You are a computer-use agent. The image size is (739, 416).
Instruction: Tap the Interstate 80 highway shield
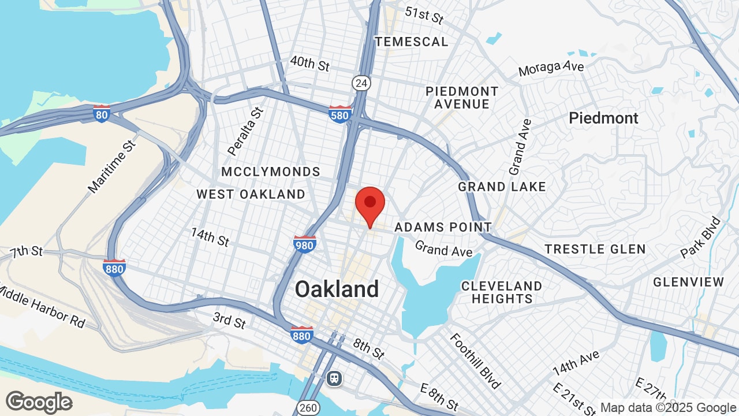pos(102,114)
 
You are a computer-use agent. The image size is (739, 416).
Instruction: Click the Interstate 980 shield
pos(304,244)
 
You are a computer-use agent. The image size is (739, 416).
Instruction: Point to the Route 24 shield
pos(361,83)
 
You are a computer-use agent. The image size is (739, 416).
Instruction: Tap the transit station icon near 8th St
pos(334,378)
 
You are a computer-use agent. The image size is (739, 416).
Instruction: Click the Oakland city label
pos(337,289)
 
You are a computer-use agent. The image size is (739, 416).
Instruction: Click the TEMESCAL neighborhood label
pos(411,42)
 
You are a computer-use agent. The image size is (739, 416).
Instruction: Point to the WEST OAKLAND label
pos(251,194)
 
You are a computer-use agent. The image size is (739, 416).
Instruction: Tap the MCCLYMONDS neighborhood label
pos(271,172)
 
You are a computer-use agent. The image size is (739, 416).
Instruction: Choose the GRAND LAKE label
pos(502,187)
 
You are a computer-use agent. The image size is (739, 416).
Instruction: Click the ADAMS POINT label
pos(443,228)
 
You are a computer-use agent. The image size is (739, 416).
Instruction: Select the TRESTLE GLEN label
pos(595,249)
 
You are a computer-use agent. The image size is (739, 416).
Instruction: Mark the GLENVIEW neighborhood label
pos(688,282)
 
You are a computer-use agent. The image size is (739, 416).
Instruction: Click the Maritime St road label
pos(111,166)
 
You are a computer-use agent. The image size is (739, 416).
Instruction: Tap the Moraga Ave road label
pos(551,68)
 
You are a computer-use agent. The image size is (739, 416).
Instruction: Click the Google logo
pos(39,402)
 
